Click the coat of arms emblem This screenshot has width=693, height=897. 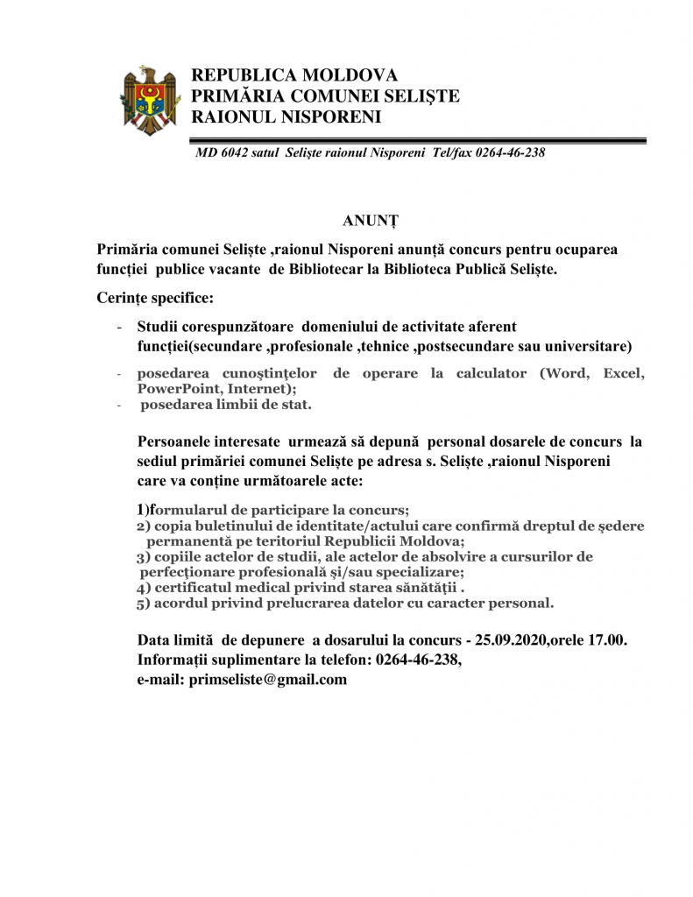[x=148, y=99]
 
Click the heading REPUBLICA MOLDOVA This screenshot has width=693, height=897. [x=293, y=75]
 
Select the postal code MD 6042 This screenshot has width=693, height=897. [x=222, y=152]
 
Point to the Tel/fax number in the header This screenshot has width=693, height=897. [x=510, y=152]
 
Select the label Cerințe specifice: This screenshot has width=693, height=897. [x=155, y=298]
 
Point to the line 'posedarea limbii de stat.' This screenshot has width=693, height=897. [x=225, y=404]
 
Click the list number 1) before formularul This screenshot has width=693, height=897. [x=144, y=509]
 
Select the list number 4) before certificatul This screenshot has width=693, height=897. [x=145, y=587]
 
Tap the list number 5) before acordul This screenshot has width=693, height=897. [x=145, y=603]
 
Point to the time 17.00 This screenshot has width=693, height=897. [x=608, y=640]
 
